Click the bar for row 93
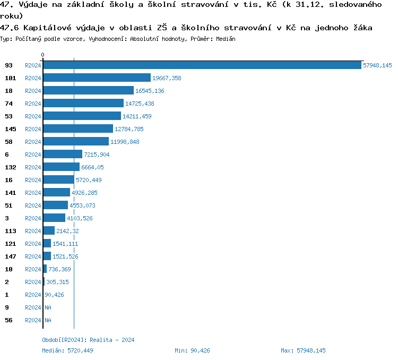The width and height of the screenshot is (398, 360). coord(202,65)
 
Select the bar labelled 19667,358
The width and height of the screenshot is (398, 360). coord(97,78)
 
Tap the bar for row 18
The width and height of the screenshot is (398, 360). coord(88,91)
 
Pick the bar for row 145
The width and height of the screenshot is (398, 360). coord(78,129)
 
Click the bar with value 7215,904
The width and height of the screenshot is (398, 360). coord(63,155)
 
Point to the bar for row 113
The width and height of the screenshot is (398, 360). coord(49,231)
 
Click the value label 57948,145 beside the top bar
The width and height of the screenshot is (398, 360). coord(377,65)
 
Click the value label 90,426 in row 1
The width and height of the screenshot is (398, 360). coord(56,295)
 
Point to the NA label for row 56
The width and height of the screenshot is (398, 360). coord(48,320)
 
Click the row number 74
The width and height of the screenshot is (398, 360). coord(8,104)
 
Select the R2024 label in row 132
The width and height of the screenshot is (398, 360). coord(33,167)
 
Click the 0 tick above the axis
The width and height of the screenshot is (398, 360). coord(43,55)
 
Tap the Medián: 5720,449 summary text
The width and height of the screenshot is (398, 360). coord(67,350)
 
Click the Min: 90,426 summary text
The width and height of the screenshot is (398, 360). coord(192,350)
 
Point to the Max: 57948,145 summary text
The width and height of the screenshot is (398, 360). coord(303,350)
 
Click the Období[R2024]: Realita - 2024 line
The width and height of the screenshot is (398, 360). coord(88,340)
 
